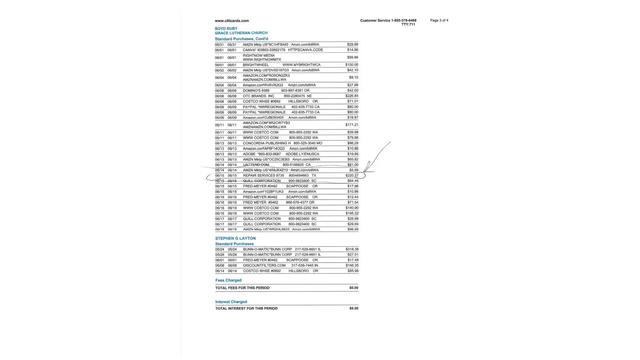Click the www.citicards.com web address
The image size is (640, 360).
pyautogui.click(x=231, y=21)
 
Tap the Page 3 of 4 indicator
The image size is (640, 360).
pyautogui.click(x=439, y=21)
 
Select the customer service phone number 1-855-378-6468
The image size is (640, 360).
pyautogui.click(x=404, y=21)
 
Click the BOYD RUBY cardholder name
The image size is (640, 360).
pyautogui.click(x=226, y=29)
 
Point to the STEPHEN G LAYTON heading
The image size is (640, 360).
pyautogui.click(x=235, y=238)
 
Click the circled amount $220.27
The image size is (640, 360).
pyautogui.click(x=352, y=176)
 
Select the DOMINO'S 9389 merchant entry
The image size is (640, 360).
pyautogui.click(x=256, y=91)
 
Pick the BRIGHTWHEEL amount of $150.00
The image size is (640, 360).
pyautogui.click(x=352, y=65)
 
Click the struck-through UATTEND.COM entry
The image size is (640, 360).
pyautogui.click(x=256, y=165)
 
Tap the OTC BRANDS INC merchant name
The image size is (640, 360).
pyautogui.click(x=258, y=96)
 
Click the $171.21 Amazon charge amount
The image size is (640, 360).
pyautogui.click(x=352, y=125)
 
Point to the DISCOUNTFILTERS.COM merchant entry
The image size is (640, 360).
pyautogui.click(x=264, y=266)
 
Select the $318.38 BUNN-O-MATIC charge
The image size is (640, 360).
pyautogui.click(x=352, y=249)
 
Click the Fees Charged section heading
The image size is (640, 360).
pyautogui.click(x=228, y=280)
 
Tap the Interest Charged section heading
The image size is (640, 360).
pyautogui.click(x=231, y=302)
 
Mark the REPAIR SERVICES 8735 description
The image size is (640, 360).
pyautogui.click(x=263, y=176)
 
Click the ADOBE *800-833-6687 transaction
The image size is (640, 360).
pyautogui.click(x=262, y=154)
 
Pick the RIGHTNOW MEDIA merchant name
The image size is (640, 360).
pyautogui.click(x=258, y=56)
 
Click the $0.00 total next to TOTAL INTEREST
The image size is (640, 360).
pyautogui.click(x=353, y=309)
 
